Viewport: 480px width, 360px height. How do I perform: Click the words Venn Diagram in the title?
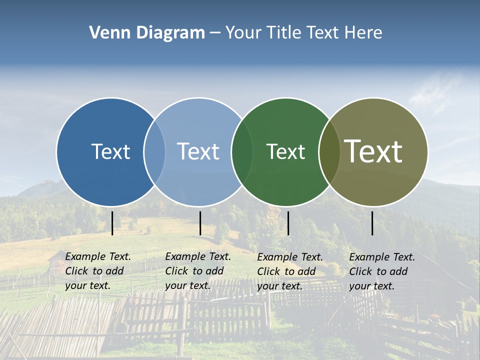click(x=147, y=33)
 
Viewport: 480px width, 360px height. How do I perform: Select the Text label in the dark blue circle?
click(x=110, y=151)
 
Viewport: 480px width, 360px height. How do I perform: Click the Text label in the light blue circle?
click(x=198, y=151)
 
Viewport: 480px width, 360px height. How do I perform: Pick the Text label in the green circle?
click(x=285, y=151)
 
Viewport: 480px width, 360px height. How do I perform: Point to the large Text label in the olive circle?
click(x=373, y=151)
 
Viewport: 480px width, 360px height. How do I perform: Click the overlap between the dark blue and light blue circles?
click(x=154, y=152)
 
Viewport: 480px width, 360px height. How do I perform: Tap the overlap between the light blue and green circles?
click(x=242, y=152)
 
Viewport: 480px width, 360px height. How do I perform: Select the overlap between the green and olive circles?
click(x=329, y=152)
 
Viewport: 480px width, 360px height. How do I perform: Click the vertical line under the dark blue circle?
click(x=112, y=223)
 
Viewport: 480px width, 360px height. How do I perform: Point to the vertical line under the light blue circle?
click(x=200, y=223)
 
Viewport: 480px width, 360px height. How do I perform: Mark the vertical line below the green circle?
click(x=288, y=223)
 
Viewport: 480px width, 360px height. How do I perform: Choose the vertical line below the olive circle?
click(x=372, y=223)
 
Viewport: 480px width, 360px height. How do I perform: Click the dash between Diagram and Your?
click(x=215, y=33)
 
